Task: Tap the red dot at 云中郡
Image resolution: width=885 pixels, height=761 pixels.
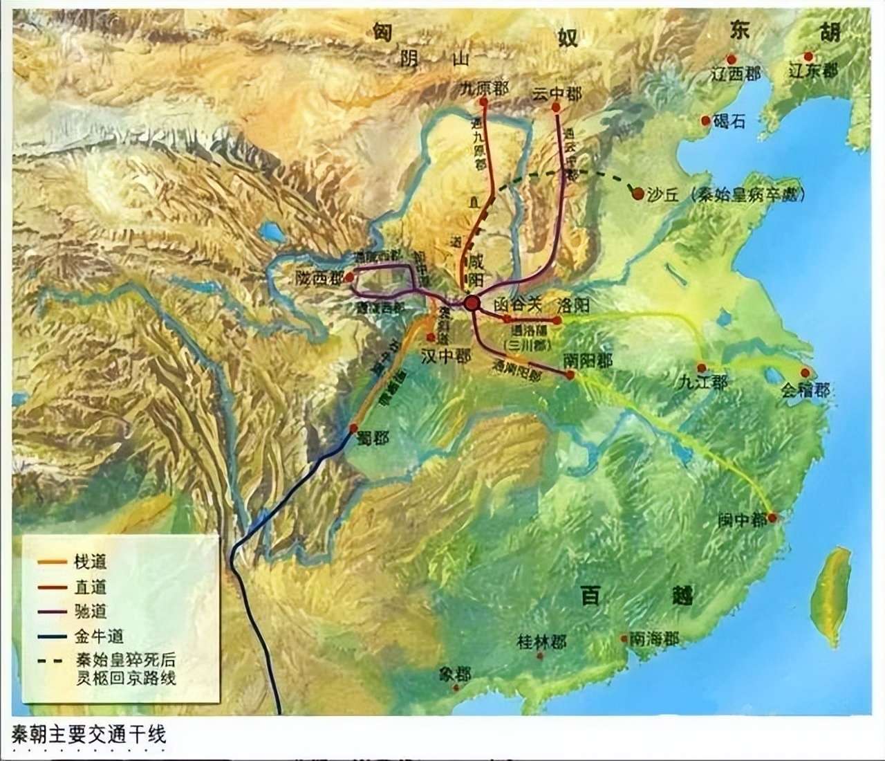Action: (x=557, y=107)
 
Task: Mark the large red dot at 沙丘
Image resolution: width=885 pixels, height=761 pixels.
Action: (x=637, y=194)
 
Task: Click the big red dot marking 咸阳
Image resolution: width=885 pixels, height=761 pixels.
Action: (x=472, y=302)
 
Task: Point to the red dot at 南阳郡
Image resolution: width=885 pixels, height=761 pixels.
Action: (x=570, y=375)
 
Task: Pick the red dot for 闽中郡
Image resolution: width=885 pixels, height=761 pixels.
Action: (x=772, y=517)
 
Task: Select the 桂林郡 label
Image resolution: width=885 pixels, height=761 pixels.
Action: (x=541, y=642)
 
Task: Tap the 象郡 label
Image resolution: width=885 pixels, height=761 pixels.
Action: (x=454, y=674)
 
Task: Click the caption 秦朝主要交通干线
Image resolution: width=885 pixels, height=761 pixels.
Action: (x=89, y=734)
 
